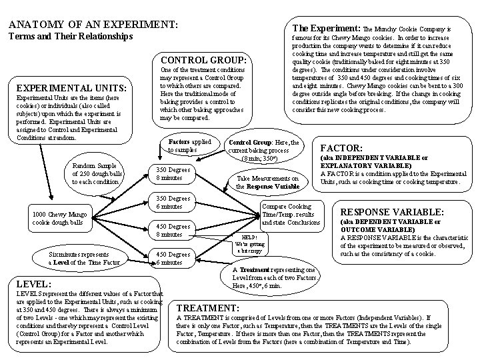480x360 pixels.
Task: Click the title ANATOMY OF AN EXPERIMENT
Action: coord(93,24)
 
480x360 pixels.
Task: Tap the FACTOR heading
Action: coord(343,148)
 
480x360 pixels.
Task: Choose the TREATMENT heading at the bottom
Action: coord(207,308)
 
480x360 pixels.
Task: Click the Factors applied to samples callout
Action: coord(189,146)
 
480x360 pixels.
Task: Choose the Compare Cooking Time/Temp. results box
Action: coord(291,214)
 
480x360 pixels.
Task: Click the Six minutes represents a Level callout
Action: coord(84,258)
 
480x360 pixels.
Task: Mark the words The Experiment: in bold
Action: coord(322,29)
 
